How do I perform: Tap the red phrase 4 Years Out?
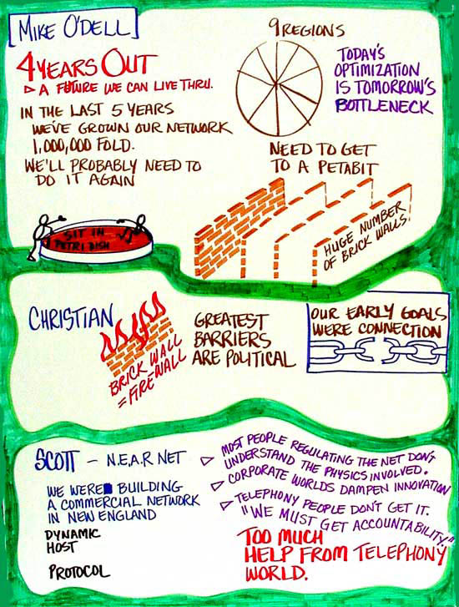pyautogui.click(x=88, y=64)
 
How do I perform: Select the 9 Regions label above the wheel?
pyautogui.click(x=306, y=28)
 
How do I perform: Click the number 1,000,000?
pyautogui.click(x=62, y=146)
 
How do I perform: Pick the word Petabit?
pyautogui.click(x=347, y=168)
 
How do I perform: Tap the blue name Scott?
pyautogui.click(x=57, y=461)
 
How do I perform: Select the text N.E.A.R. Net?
pyautogui.click(x=144, y=459)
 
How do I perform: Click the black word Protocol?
pyautogui.click(x=79, y=572)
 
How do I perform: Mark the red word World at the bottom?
pyautogui.click(x=276, y=573)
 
